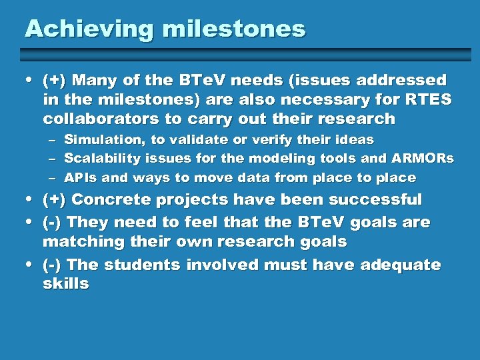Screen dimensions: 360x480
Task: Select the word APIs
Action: [x=79, y=179]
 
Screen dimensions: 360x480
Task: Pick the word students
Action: [x=141, y=265]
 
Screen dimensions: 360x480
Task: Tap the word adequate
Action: [x=400, y=265]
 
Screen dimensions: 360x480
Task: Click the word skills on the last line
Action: [x=65, y=284]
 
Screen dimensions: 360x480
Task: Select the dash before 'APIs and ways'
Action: [x=52, y=179]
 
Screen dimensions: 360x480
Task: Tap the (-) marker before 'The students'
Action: [x=53, y=265]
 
